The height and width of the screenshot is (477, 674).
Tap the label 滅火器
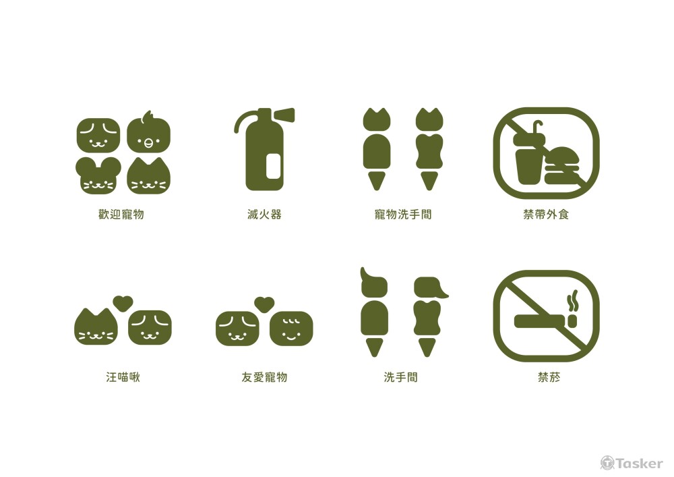coord(264,215)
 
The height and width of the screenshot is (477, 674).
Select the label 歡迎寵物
coord(121,215)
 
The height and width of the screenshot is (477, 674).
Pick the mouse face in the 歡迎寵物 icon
coord(98,176)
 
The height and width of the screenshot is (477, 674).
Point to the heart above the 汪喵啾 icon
coord(122,304)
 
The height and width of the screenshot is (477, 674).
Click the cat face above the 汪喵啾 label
coord(96,327)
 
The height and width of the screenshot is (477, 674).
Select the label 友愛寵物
coord(264,377)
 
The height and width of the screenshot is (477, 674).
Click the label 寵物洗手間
coord(403,215)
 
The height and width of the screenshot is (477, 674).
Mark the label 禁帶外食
coord(546,215)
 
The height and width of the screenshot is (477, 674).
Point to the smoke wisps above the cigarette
coord(574,301)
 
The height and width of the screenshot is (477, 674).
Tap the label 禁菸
coord(546,377)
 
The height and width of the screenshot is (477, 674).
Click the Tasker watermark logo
coord(632,463)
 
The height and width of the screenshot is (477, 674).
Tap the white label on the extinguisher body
coord(274,165)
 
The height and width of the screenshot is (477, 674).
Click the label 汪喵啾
coord(122,377)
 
